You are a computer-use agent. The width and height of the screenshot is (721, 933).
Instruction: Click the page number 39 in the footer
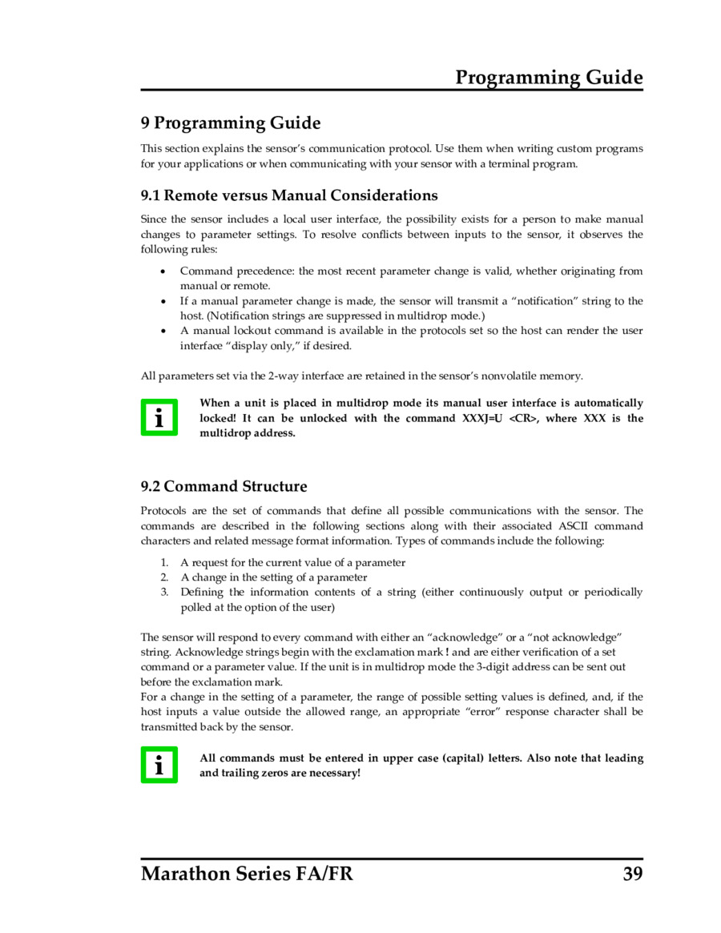pyautogui.click(x=632, y=873)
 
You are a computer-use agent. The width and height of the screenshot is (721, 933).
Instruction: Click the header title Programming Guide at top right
pyautogui.click(x=549, y=78)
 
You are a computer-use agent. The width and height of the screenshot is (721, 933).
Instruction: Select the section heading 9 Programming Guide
pyautogui.click(x=231, y=123)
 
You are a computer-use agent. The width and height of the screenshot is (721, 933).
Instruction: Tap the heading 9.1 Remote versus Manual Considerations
pyautogui.click(x=289, y=195)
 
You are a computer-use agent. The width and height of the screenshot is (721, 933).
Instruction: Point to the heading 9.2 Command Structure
pyautogui.click(x=224, y=487)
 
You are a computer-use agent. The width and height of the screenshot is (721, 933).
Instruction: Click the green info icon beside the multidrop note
pyautogui.click(x=159, y=417)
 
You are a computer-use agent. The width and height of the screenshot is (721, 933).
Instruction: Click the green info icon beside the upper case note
pyautogui.click(x=159, y=765)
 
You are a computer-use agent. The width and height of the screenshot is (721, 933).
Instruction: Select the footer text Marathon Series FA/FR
pyautogui.click(x=247, y=873)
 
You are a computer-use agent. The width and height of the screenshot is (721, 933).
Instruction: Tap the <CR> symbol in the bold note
pyautogui.click(x=522, y=418)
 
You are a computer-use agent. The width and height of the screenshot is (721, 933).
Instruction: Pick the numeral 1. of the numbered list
pyautogui.click(x=163, y=562)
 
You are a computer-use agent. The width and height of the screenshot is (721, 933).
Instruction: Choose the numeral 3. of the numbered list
pyautogui.click(x=163, y=592)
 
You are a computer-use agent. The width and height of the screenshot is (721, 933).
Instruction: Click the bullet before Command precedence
pyautogui.click(x=163, y=271)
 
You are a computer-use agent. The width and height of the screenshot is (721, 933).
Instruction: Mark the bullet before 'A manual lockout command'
pyautogui.click(x=163, y=331)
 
